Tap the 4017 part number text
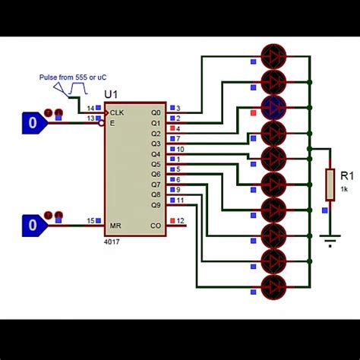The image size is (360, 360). tap(112, 241)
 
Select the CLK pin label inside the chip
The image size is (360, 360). tap(118, 112)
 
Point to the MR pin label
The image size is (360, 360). tap(115, 226)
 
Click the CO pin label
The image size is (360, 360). tap(156, 226)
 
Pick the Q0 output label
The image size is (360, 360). tap(156, 112)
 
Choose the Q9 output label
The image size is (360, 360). tap(156, 205)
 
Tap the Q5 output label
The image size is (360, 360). tap(156, 163)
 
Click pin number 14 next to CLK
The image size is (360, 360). tap(90, 108)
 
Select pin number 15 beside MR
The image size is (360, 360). tap(90, 221)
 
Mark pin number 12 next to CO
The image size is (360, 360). tap(180, 221)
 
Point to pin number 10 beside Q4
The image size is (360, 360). tap(180, 149)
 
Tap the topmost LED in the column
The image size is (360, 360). tap(273, 55)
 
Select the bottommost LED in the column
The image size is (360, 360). tap(273, 287)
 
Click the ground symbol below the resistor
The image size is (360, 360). tap(329, 242)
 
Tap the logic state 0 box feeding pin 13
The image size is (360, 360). tap(32, 122)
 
